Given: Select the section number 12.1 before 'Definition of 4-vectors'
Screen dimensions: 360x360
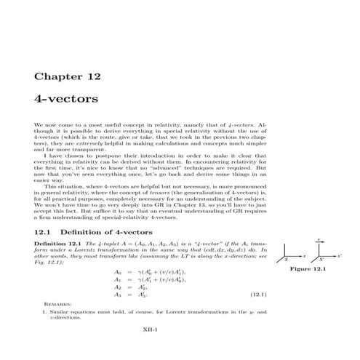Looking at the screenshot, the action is tap(44, 231).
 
